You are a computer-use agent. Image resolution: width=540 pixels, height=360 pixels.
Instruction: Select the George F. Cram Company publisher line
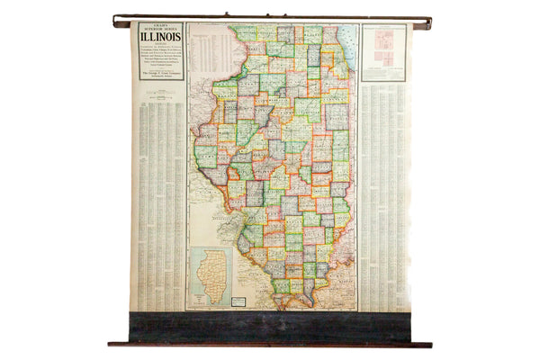coord(161,73)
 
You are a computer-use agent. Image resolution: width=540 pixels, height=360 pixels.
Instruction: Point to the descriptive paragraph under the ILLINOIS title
coord(161,57)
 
